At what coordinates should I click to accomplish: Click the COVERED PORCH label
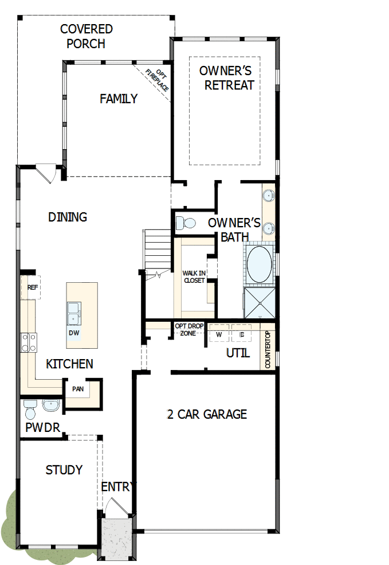point(86,36)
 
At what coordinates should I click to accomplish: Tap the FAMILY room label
point(119,99)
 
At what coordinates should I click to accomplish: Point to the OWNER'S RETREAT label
point(226,78)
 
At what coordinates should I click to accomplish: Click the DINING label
point(68,217)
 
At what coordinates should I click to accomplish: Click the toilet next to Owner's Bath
point(186,223)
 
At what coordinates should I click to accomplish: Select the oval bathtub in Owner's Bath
point(259,264)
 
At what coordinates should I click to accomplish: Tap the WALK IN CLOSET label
point(194,276)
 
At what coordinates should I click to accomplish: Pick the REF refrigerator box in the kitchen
point(32,288)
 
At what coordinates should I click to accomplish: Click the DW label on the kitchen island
point(74,333)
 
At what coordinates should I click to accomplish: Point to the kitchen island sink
point(74,313)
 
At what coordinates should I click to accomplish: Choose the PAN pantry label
point(78,389)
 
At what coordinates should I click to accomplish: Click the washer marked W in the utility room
point(219,334)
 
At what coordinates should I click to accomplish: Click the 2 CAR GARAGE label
point(207,414)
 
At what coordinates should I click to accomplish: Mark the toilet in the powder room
point(30,409)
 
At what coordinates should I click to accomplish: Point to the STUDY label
point(64,470)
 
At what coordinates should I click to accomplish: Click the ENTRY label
point(119,487)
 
